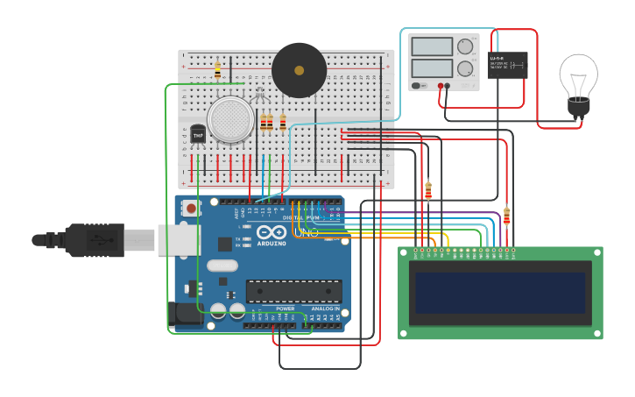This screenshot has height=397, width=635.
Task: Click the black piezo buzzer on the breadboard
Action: click(299, 70)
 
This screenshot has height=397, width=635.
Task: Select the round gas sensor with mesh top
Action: click(230, 119)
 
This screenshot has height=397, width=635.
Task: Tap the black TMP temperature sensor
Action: click(198, 134)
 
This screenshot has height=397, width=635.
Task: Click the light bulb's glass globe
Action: click(578, 75)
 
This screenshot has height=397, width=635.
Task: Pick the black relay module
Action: click(508, 65)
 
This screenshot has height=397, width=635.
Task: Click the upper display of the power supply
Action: click(432, 46)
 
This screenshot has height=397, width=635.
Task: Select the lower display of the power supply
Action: click(432, 67)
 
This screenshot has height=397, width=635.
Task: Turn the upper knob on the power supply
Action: click(465, 46)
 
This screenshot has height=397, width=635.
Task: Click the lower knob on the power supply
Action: click(465, 68)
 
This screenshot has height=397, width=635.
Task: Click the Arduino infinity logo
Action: click(272, 233)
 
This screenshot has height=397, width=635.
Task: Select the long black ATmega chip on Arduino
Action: click(293, 291)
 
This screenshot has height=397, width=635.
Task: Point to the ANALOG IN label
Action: click(325, 308)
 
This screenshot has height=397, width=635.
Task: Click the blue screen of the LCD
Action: click(500, 293)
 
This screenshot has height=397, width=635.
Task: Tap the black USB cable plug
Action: click(96, 239)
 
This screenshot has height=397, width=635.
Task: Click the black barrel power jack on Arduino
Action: click(186, 315)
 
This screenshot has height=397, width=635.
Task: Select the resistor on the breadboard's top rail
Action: click(217, 70)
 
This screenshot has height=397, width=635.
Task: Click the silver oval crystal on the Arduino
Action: click(222, 266)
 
